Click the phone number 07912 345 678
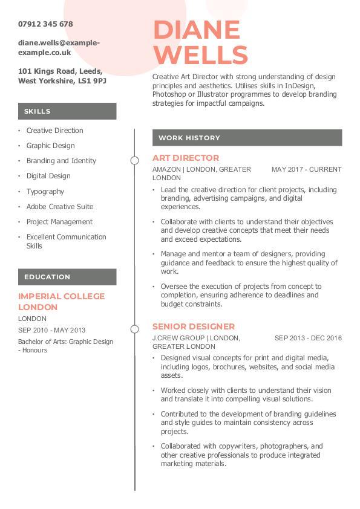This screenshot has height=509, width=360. click(x=45, y=24)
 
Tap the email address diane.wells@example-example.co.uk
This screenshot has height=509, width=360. click(x=59, y=48)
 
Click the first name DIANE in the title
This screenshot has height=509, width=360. click(x=197, y=30)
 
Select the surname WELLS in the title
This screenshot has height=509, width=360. click(x=200, y=54)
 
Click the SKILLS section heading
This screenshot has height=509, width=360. click(x=38, y=111)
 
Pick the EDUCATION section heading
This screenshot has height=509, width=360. click(x=47, y=277)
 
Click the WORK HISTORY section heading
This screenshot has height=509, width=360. click(x=189, y=138)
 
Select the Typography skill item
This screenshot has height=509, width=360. click(x=45, y=192)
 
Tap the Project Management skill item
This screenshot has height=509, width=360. click(x=59, y=222)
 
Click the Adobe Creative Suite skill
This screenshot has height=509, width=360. click(x=60, y=207)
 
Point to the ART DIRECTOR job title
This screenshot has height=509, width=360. click(x=186, y=158)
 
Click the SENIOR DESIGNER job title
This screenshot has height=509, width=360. click(x=194, y=326)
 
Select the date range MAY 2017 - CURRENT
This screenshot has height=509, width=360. click(x=307, y=170)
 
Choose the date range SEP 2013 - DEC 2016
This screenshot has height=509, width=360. click(x=308, y=338)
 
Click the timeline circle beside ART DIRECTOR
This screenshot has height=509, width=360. click(x=135, y=160)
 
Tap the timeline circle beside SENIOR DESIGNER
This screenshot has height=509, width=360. click(x=135, y=329)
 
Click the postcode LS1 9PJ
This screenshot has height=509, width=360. click(x=92, y=80)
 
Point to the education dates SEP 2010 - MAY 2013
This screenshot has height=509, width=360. click(x=51, y=330)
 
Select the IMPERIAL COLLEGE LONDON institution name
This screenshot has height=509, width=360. click(x=61, y=302)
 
